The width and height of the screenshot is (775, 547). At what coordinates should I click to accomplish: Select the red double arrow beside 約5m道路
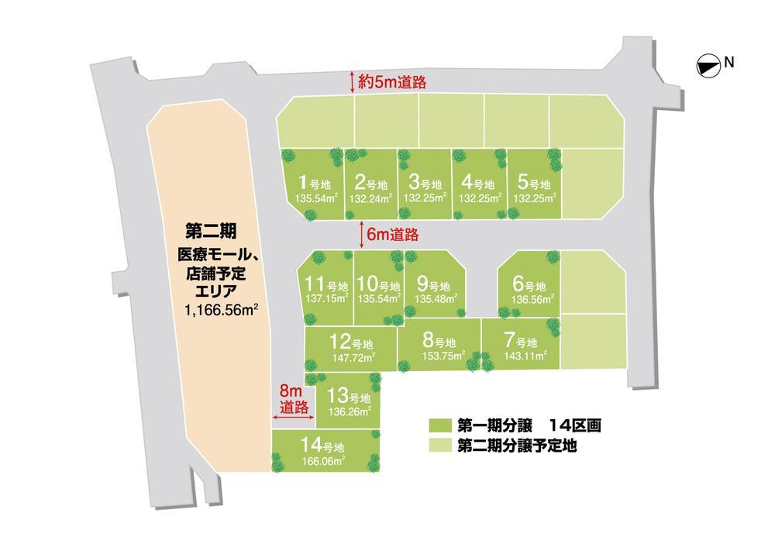click(x=353, y=81)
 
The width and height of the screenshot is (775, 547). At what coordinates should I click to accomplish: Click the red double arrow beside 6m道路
click(x=363, y=232)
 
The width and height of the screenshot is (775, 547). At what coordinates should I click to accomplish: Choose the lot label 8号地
click(x=439, y=340)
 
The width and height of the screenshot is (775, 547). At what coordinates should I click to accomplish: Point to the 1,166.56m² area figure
click(x=221, y=309)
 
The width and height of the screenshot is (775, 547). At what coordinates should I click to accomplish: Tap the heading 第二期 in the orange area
click(x=211, y=231)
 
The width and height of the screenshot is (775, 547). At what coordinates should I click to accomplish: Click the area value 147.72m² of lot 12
click(x=353, y=357)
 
